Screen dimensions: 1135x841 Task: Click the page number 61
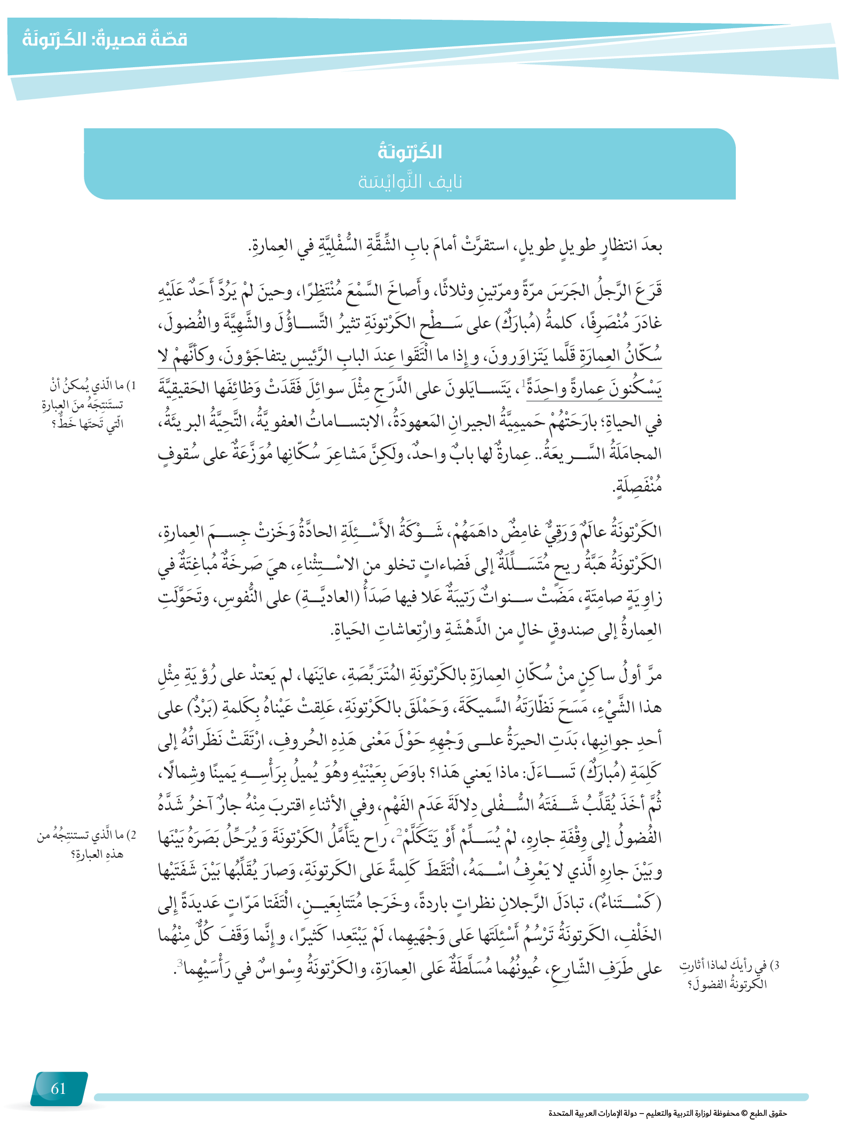pyautogui.click(x=58, y=1088)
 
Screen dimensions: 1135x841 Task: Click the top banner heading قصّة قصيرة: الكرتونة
pyautogui.click(x=105, y=40)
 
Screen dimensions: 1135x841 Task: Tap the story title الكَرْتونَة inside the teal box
pyautogui.click(x=410, y=152)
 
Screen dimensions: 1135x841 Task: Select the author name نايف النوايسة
pyautogui.click(x=410, y=182)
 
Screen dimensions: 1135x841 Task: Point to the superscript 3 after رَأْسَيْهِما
pyautogui.click(x=180, y=962)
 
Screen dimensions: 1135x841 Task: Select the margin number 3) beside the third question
pyautogui.click(x=776, y=965)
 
